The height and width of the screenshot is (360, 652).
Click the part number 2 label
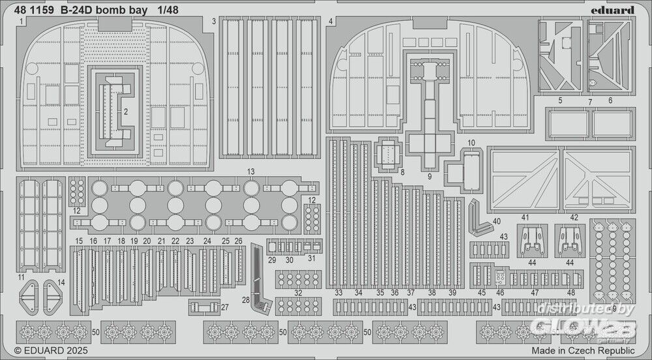tap(126, 111)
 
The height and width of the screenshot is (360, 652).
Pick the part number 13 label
tap(251, 171)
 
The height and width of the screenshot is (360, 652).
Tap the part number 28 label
tap(245, 300)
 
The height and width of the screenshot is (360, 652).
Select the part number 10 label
tap(471, 142)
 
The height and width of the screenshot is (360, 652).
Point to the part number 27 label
tap(225, 307)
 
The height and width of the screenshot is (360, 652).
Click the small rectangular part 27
tap(202, 306)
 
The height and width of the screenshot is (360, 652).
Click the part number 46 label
tap(500, 293)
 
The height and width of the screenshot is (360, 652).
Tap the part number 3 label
tap(214, 22)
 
